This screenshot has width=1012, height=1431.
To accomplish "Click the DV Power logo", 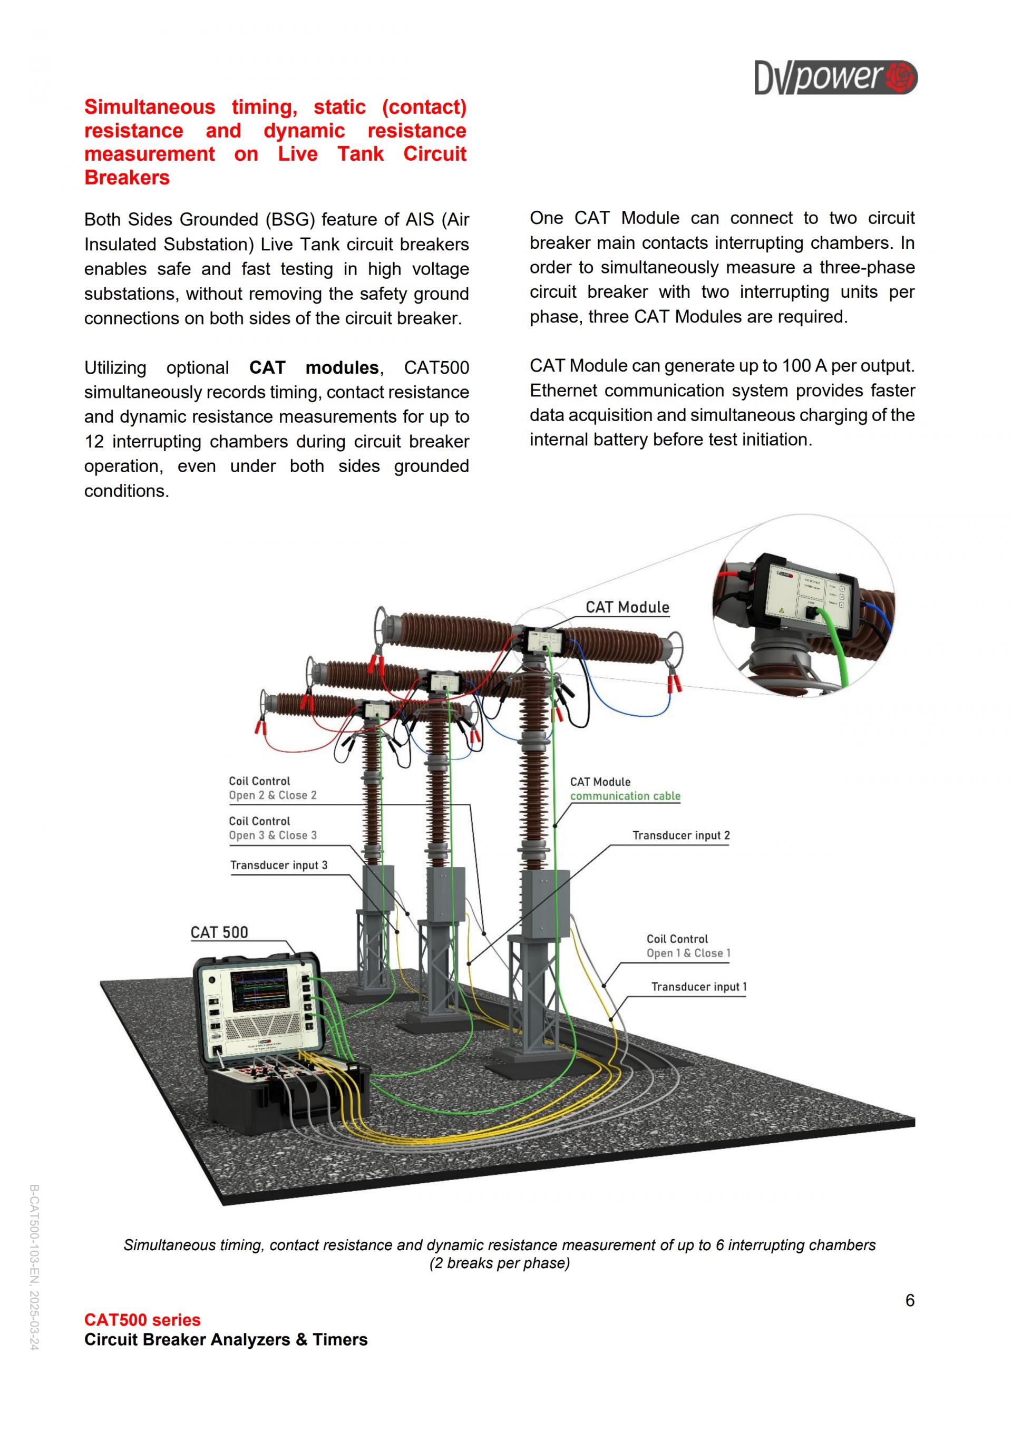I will (835, 77).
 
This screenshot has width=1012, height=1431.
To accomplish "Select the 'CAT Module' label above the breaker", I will (627, 608).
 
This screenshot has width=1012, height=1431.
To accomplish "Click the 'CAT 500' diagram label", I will (219, 932).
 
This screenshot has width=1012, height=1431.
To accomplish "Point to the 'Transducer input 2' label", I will (680, 836).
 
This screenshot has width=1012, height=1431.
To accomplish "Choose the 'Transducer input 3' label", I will (278, 865).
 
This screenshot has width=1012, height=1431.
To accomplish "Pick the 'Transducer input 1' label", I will (698, 987).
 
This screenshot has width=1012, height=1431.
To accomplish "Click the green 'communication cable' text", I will (625, 796).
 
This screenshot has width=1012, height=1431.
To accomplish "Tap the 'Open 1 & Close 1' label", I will (688, 953).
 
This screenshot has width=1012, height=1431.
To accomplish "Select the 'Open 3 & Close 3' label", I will (273, 836).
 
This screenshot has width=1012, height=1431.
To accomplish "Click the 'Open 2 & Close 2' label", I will (273, 796).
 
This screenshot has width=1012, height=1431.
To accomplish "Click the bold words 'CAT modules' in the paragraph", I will (314, 368).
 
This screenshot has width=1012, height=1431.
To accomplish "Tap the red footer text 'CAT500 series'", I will (142, 1320).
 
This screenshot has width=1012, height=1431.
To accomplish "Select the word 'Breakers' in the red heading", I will (127, 178).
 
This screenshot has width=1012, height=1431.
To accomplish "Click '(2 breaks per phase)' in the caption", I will (499, 1263).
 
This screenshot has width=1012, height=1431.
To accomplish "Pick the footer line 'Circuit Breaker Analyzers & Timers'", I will (226, 1340).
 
